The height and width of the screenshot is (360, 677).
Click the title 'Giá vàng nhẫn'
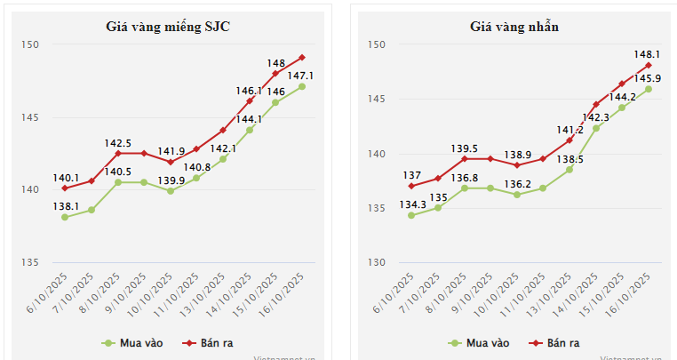(514, 27)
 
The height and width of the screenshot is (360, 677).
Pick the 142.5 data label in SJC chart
(118, 142)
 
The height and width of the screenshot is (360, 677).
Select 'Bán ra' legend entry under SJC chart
(208, 342)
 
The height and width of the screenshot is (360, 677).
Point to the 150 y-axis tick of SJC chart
(30, 45)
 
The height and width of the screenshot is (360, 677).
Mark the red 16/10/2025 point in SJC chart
(302, 57)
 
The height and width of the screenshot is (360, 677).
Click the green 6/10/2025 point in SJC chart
(65, 217)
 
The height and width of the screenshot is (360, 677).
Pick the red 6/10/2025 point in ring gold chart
(411, 186)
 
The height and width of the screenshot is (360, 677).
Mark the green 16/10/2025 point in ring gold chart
(649, 89)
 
